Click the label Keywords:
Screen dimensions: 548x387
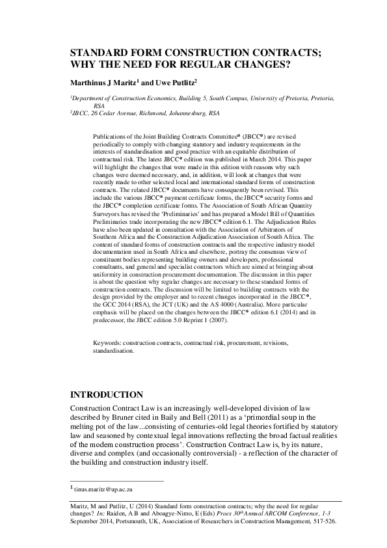108,342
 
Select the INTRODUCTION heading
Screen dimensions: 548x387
106,394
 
